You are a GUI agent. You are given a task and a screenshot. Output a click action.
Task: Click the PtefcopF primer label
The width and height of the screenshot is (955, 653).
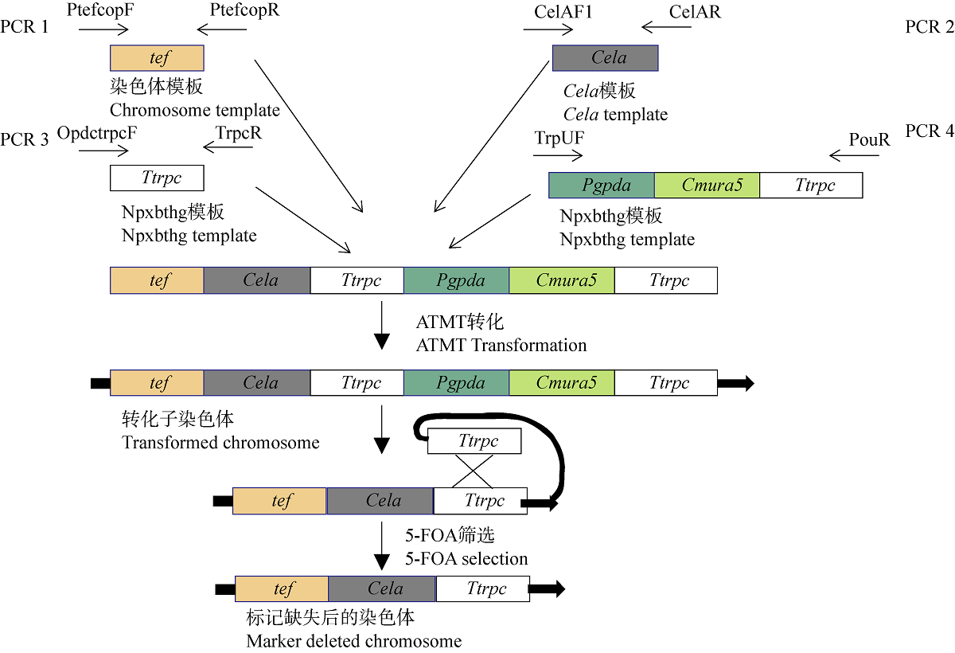(102, 11)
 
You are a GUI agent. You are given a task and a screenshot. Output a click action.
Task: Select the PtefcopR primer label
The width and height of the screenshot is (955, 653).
(245, 11)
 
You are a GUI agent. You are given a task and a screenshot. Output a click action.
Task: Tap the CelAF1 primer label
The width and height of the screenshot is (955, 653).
(563, 12)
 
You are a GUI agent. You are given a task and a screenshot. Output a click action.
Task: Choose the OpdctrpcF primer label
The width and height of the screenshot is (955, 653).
(97, 133)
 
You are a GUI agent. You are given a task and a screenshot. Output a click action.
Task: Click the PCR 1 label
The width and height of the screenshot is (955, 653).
(25, 27)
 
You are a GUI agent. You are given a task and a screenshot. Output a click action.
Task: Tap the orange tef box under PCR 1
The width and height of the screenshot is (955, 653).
(157, 58)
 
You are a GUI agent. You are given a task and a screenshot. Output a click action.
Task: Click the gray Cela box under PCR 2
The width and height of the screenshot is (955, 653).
(605, 57)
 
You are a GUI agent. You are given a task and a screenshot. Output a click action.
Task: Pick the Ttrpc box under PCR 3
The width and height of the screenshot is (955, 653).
(157, 178)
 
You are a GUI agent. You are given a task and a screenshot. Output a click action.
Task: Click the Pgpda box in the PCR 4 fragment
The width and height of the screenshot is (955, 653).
(602, 186)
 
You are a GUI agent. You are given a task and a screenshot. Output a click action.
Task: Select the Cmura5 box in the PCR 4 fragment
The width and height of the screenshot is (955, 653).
(707, 186)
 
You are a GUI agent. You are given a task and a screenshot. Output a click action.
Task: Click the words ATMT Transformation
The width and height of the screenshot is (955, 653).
(501, 346)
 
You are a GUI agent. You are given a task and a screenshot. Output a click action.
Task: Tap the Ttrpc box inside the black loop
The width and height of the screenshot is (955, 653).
(474, 441)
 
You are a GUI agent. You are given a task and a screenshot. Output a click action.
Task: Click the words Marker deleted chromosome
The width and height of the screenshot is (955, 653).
(354, 641)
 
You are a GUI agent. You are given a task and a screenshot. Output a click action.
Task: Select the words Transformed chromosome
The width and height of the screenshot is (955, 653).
(220, 443)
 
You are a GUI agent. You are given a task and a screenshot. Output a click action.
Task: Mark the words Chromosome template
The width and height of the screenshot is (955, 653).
(195, 110)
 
